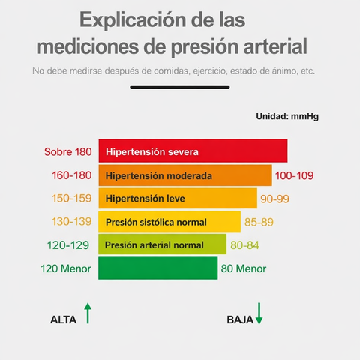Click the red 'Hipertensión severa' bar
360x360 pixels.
click(193, 151)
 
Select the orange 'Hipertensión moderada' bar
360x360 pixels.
click(185, 175)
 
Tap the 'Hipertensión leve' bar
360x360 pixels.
click(178, 198)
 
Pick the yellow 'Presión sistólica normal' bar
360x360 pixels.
click(169, 221)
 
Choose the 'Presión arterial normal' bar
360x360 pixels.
click(162, 244)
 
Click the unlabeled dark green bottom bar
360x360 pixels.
click(158, 268)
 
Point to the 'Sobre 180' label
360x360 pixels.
click(68, 151)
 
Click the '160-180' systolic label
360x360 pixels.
click(72, 175)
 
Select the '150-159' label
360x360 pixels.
click(72, 199)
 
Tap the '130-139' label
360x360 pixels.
click(72, 222)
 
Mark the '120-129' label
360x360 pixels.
click(68, 245)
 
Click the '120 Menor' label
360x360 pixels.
click(66, 268)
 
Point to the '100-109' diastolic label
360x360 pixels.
click(294, 175)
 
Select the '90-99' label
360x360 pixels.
click(274, 199)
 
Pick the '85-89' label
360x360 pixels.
click(259, 222)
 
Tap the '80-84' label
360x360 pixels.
click(244, 245)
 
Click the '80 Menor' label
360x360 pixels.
click(244, 268)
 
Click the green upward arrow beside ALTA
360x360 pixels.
click(88, 313)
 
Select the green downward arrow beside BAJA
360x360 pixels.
click(259, 313)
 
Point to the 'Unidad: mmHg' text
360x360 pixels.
click(287, 116)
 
